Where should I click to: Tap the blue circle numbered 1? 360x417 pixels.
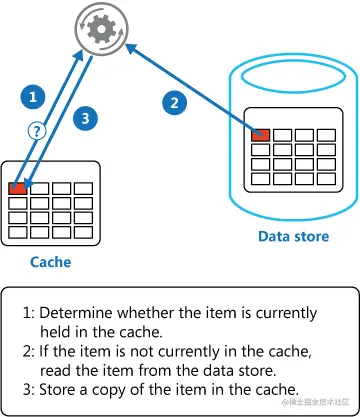click(x=34, y=97)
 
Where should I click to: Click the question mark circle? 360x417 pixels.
click(x=36, y=130)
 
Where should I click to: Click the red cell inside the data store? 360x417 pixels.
click(x=261, y=134)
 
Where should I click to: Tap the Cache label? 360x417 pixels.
click(x=50, y=262)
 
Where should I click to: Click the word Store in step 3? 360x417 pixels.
click(x=61, y=388)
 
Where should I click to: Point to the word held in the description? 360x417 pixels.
click(x=59, y=331)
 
